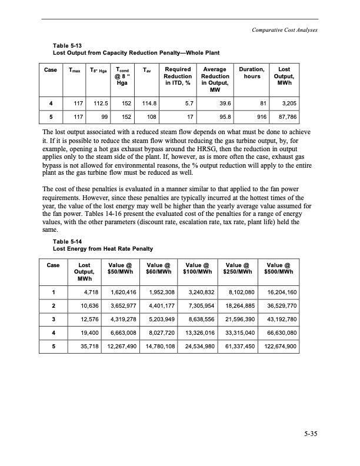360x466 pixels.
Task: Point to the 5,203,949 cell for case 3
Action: click(159, 319)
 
